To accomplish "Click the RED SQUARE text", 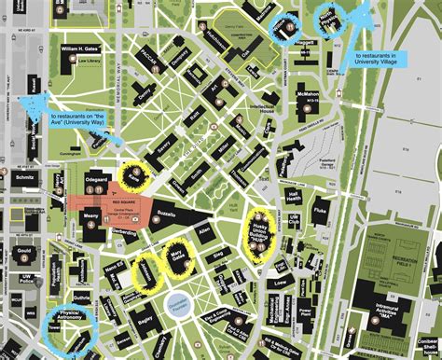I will click(x=124, y=199).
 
